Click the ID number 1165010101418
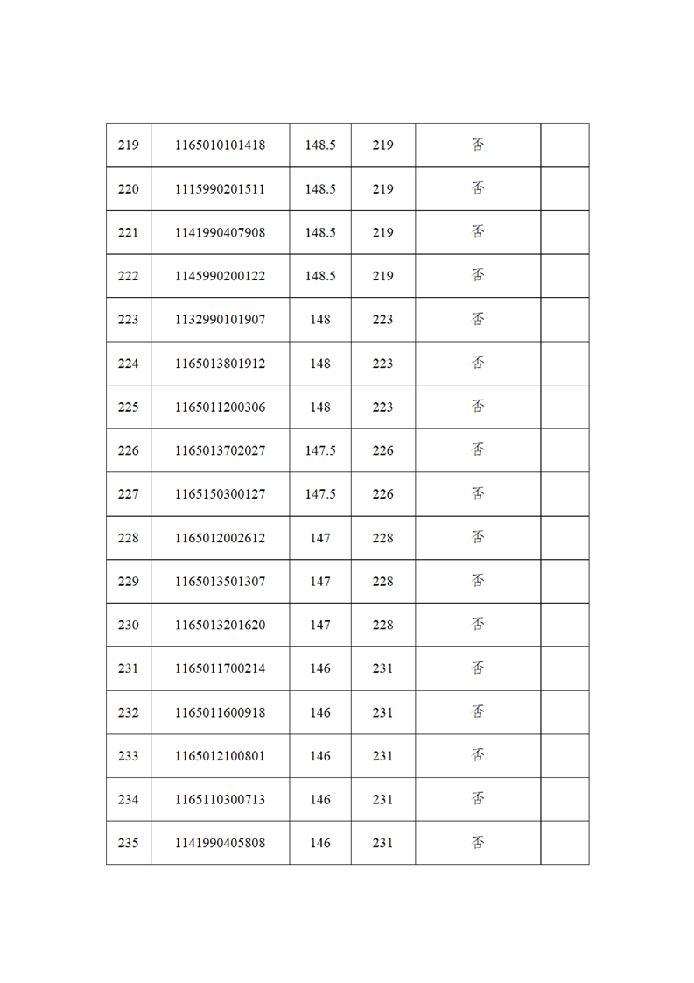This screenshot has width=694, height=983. coord(220,145)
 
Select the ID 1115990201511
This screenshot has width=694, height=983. coord(220,189)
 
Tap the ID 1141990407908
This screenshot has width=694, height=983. coord(220,233)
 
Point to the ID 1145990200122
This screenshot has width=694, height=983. coord(220,276)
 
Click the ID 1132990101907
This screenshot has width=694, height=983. coord(220,320)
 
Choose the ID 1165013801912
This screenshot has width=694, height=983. coord(220,364)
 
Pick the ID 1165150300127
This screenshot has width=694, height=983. coord(220,494)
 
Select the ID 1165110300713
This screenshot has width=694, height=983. coord(220,799)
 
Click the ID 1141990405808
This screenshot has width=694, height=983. coord(220,843)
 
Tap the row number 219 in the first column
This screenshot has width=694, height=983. coord(128,145)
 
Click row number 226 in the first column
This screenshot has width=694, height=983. coord(128,450)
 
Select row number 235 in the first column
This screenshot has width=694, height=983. coord(128,843)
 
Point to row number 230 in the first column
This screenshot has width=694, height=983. coord(128,625)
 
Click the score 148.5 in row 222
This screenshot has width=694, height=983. coord(320,276)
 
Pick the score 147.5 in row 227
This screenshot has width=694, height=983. coord(320,494)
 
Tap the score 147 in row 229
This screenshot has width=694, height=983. coord(320,581)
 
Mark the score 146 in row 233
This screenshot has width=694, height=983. coord(320,755)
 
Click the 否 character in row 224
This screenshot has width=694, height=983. coord(478,363)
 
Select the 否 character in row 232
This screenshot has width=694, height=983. coord(478,711)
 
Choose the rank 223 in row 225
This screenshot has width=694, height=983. coord(382,407)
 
